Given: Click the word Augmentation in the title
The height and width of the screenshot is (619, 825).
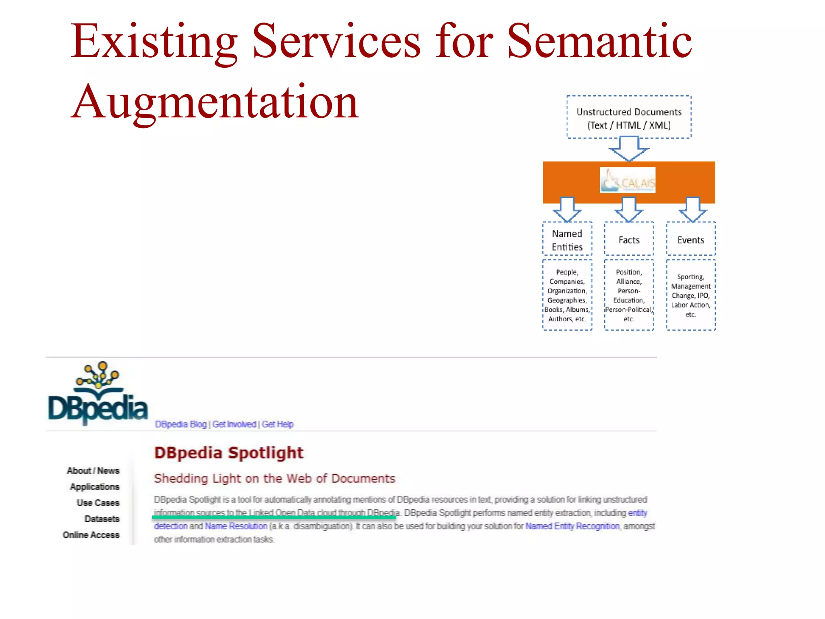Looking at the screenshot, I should (215, 102).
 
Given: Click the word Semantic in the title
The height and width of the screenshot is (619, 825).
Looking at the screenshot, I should (599, 42).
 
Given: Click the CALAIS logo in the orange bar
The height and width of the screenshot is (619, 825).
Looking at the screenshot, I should (627, 180).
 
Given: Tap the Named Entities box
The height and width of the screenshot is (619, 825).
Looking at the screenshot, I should (567, 240).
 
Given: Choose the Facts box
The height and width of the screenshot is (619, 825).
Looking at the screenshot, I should (628, 240).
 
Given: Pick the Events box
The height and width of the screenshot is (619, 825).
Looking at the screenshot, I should (690, 240).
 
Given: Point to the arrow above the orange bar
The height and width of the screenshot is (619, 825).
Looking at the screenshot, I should (628, 149).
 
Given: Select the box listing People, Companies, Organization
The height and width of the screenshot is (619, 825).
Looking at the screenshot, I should (567, 295).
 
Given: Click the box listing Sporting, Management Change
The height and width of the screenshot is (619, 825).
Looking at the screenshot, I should (690, 295).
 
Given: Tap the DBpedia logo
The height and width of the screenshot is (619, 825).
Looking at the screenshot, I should (98, 394).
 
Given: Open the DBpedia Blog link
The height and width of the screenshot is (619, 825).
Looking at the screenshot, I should (180, 424).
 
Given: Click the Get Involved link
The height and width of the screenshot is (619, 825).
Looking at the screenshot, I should (234, 424).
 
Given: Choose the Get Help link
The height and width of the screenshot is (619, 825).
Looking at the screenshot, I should (278, 424).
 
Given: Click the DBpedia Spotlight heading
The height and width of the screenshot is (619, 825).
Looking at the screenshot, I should (228, 453).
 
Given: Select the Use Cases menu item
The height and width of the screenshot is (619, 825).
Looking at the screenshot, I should (98, 503).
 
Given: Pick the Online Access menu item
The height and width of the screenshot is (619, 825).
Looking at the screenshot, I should (91, 535).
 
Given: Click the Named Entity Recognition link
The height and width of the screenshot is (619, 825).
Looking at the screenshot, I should (572, 526).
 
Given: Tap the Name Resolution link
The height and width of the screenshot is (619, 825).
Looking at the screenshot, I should (236, 526).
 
